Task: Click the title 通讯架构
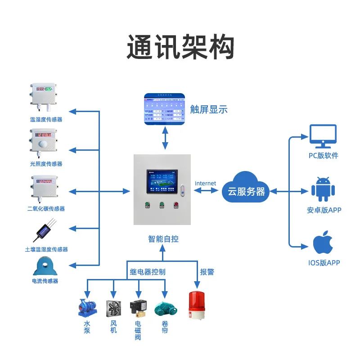(180, 47)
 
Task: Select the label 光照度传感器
(46, 164)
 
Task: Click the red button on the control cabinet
(176, 207)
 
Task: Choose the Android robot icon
(324, 189)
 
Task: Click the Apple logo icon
(324, 243)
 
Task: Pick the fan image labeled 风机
(113, 309)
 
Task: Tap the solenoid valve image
(137, 308)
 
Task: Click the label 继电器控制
(148, 272)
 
